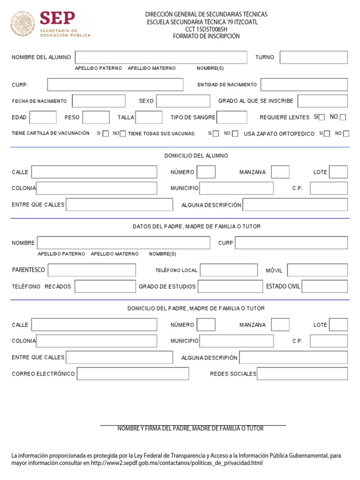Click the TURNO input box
(x=314, y=58)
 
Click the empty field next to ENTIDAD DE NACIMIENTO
(x=304, y=85)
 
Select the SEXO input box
(x=183, y=101)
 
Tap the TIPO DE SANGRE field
(x=232, y=117)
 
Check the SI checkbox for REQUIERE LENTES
(x=322, y=118)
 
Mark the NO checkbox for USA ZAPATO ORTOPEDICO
(x=346, y=134)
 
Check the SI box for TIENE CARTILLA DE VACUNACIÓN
(x=105, y=134)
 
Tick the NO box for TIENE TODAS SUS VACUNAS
(x=235, y=134)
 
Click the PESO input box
(x=96, y=117)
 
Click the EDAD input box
(x=43, y=117)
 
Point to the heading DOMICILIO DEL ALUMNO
(x=196, y=156)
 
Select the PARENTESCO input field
(x=92, y=270)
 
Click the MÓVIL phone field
(x=317, y=270)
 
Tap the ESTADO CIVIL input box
(x=324, y=286)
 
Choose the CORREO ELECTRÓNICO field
(x=133, y=374)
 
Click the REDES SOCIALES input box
(x=302, y=374)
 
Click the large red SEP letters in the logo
(x=57, y=18)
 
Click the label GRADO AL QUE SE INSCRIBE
(x=255, y=101)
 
